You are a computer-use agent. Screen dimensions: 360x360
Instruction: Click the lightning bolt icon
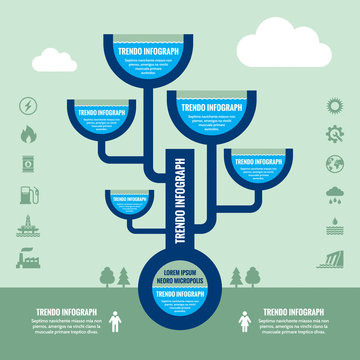point(27,104)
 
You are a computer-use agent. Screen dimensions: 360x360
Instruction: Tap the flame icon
point(27,134)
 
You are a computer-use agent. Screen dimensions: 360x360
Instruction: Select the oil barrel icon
point(27,164)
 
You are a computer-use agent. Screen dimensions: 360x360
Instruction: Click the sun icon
point(333,105)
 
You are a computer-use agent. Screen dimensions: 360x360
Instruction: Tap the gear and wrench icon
point(333,135)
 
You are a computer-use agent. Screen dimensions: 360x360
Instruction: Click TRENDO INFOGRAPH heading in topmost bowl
point(147,51)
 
